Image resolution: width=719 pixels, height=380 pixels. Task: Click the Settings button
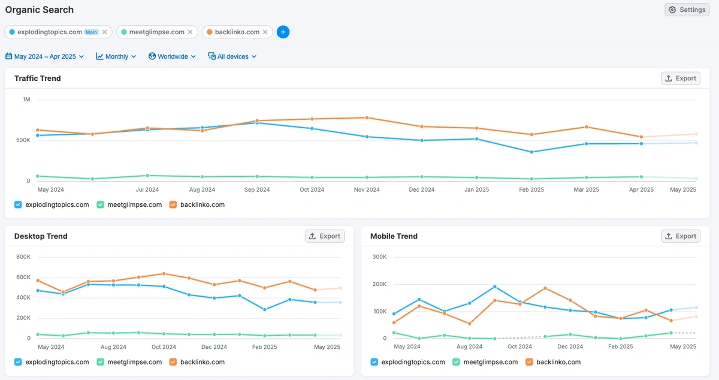pos(687,10)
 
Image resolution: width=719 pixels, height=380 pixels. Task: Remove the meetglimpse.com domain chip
pos(191,32)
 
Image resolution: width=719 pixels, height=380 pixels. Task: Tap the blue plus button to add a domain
pos(283,32)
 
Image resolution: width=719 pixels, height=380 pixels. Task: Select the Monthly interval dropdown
pos(116,56)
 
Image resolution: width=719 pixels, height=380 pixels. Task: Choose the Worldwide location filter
pos(173,56)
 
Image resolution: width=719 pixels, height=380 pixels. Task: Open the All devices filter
pos(232,56)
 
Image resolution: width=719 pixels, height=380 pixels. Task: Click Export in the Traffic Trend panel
pos(681,79)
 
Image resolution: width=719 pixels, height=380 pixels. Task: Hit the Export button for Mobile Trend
pos(681,236)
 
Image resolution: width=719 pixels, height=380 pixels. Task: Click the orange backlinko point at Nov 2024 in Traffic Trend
pos(367,117)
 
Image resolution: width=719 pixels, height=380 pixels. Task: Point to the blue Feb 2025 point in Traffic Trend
pos(531,152)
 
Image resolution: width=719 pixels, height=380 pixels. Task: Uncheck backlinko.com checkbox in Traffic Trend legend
pos(173,204)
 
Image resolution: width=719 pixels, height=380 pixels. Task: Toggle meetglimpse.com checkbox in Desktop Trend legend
pos(101,362)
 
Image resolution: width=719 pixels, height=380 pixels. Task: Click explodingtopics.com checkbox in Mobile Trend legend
pos(374,362)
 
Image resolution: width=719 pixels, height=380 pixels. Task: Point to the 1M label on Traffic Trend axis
pos(26,99)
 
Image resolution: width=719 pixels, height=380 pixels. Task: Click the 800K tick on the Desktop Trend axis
pos(23,257)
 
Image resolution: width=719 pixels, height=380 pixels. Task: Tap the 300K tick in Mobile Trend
pos(379,257)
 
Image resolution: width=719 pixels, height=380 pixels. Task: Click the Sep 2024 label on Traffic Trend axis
pos(257,190)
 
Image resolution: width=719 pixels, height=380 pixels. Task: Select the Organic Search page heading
pos(40,10)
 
